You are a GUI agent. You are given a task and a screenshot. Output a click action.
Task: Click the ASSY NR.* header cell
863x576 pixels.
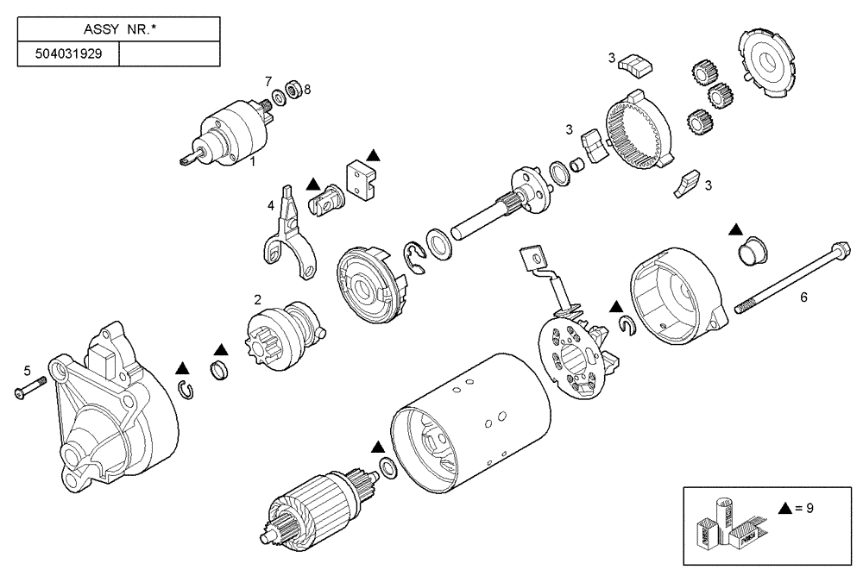(118, 29)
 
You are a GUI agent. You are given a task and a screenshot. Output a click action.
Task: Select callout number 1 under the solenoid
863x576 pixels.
(253, 160)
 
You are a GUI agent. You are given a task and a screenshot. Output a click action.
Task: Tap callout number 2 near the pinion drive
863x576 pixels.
(257, 299)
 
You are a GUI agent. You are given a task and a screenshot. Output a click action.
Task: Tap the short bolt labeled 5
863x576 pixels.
(28, 391)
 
